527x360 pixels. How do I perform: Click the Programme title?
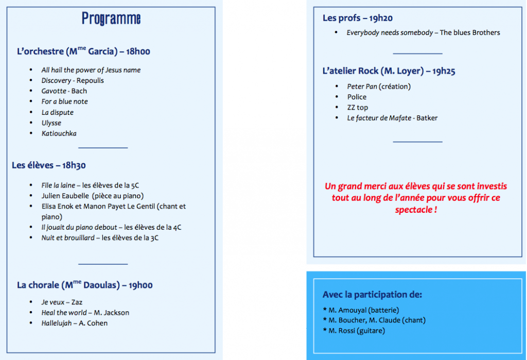pos(111,19)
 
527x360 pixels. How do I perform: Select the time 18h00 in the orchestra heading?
pos(138,52)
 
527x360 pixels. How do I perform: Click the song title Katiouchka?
pos(59,133)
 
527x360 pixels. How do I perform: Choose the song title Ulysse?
pos(51,123)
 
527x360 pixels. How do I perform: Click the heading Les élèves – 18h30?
pos(49,165)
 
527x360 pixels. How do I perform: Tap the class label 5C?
pos(134,185)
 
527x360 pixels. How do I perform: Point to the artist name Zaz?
pos(77,302)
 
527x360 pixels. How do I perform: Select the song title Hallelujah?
pos(57,323)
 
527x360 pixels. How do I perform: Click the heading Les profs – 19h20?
pos(358,18)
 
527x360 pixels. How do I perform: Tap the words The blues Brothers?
pos(470,32)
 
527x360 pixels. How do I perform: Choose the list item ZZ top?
pos(358,108)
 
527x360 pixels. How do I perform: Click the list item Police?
pos(357,97)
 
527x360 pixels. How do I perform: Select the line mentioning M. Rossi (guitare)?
pos(356,331)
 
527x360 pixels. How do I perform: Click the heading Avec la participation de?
pos(372,295)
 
